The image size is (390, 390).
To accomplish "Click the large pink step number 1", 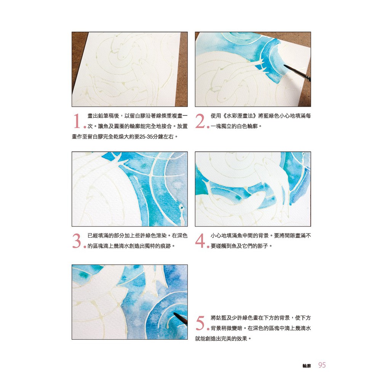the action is coord(77,121).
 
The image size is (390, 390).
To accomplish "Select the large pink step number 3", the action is coord(77,241).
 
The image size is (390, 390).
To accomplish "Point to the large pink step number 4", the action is coord(200,241).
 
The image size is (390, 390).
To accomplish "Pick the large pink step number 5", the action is coord(200,323).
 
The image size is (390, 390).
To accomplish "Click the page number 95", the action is coord(322,365).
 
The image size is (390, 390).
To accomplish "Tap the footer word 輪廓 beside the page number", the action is coord(307,366).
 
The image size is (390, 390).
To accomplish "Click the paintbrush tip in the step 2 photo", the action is coord(284,66).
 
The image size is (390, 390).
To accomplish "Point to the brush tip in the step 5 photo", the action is coord(174,314).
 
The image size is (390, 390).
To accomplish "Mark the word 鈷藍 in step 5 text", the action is coord(221,318).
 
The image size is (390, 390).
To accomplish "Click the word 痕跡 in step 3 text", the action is coord(165,246).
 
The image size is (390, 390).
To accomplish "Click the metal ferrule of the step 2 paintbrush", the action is coord(308,78).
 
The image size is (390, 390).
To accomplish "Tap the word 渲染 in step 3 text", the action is coord(161,235).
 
